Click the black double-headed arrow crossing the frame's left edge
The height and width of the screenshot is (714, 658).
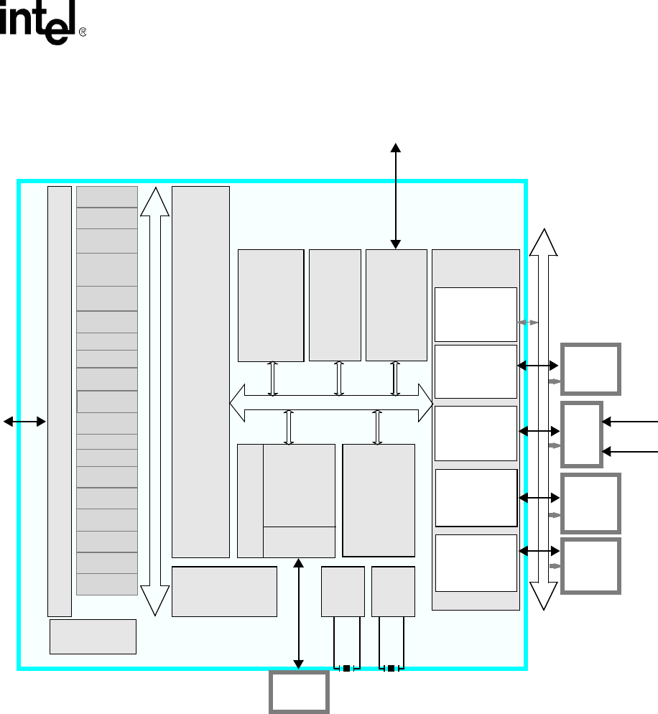24,422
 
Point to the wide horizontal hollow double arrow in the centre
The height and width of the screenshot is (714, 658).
331,404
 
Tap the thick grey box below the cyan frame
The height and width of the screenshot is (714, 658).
299,692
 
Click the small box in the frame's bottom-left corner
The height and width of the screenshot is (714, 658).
93,636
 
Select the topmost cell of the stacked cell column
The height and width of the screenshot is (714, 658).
107,196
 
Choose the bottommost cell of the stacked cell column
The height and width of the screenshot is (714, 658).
107,584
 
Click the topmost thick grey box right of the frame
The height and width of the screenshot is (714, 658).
590,369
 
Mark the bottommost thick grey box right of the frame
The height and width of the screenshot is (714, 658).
590,566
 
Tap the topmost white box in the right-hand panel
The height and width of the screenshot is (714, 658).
476,315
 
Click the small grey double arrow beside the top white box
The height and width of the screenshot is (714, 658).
528,323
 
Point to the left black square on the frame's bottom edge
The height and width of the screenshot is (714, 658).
346,669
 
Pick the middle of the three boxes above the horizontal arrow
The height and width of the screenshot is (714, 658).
335,305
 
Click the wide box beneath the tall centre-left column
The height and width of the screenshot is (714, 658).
224,591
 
